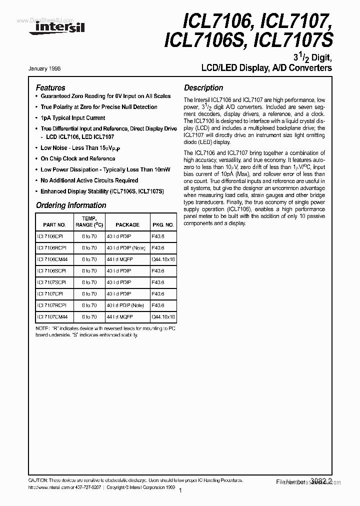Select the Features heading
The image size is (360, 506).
pyautogui.click(x=50, y=87)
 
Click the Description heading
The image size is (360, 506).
pyautogui.click(x=203, y=87)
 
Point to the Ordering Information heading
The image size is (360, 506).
pyautogui.click(x=71, y=205)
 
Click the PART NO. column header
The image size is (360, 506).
pyautogui.click(x=54, y=224)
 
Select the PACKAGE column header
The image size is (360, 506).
pyautogui.click(x=127, y=224)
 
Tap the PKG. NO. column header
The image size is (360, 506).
pyautogui.click(x=163, y=224)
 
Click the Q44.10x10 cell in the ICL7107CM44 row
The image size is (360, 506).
pyautogui.click(x=163, y=316)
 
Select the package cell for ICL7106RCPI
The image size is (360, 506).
pyautogui.click(x=125, y=248)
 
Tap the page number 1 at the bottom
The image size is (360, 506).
pyautogui.click(x=179, y=491)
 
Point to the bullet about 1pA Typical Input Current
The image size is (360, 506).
pyautogui.click(x=73, y=118)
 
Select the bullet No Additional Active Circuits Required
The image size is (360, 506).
pyautogui.click(x=89, y=180)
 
